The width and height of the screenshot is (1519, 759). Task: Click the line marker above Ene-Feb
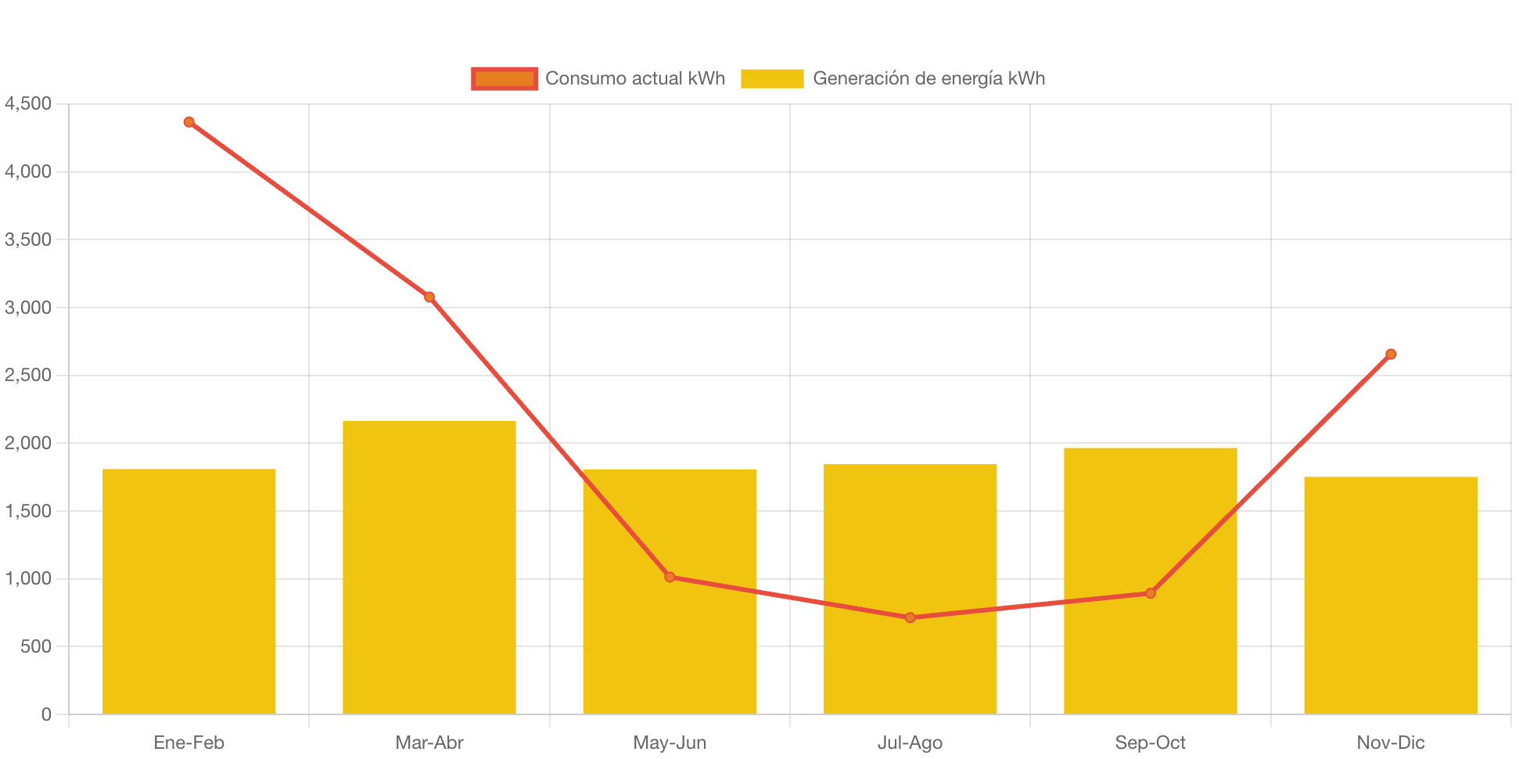click(x=189, y=122)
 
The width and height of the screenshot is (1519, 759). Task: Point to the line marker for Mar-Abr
click(x=429, y=297)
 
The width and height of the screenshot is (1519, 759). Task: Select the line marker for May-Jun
click(x=670, y=577)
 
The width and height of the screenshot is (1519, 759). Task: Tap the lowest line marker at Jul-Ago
click(x=910, y=618)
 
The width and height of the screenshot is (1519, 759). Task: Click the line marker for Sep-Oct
click(x=1151, y=593)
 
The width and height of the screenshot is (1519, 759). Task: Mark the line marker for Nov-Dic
click(x=1391, y=354)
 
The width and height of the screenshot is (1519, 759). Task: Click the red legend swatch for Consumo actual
click(x=505, y=78)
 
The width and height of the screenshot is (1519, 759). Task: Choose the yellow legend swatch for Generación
click(x=772, y=78)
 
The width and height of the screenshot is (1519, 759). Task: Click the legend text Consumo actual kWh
click(x=635, y=78)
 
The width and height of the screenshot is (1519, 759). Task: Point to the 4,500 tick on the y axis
click(x=28, y=103)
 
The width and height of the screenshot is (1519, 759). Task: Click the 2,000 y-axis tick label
click(x=28, y=443)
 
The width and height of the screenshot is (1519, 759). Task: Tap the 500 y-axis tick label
click(x=36, y=646)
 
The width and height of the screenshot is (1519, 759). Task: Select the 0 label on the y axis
click(x=46, y=714)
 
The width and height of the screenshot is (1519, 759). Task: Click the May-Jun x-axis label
click(x=670, y=743)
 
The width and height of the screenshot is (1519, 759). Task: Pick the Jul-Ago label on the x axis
click(x=910, y=743)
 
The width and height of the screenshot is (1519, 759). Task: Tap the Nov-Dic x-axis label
click(x=1391, y=743)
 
